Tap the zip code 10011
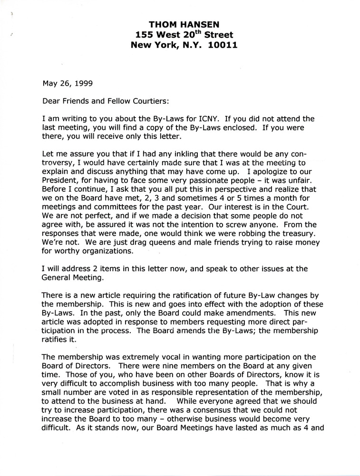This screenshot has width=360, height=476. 217,46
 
